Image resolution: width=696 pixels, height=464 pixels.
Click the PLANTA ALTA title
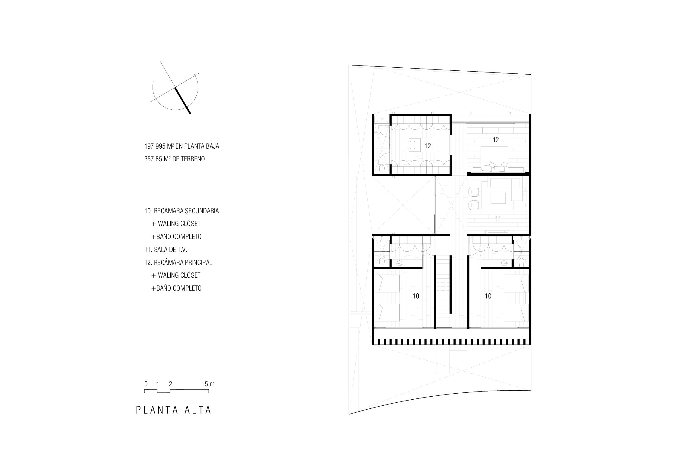point(174,410)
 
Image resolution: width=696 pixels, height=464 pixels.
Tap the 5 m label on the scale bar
point(209,384)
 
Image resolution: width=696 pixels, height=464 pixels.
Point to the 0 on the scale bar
point(146,384)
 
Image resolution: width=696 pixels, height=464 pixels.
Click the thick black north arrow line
point(182,101)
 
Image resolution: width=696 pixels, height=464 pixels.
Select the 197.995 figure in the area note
point(155,146)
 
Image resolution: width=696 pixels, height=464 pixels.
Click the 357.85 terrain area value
point(153,159)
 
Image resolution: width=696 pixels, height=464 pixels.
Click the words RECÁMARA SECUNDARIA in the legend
point(186,211)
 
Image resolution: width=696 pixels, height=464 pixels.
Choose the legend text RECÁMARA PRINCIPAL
point(183,263)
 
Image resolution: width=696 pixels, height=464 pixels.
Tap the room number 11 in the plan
point(498,219)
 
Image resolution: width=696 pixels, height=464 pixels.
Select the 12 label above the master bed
point(496,140)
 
